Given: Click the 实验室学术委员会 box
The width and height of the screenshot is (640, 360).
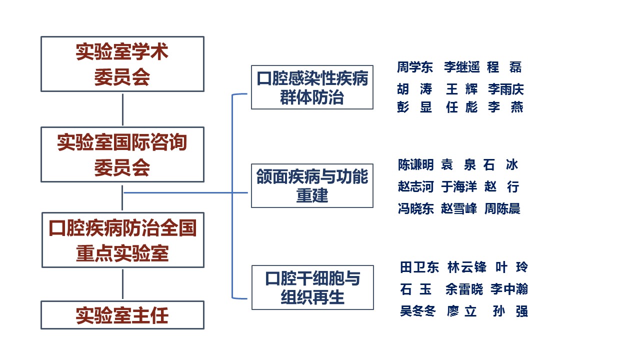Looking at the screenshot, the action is click(x=122, y=64).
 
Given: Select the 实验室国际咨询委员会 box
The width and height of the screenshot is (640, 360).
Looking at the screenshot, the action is click(x=122, y=154).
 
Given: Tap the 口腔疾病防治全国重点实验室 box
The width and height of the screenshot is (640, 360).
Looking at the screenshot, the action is click(x=123, y=240).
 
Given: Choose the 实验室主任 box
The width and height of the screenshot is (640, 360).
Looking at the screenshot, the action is click(x=122, y=315).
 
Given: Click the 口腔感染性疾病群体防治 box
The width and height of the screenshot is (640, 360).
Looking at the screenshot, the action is click(x=312, y=87).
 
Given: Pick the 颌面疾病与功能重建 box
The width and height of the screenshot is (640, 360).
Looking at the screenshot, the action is click(x=312, y=185).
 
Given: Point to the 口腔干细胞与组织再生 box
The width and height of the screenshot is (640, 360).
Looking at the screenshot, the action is click(x=313, y=287).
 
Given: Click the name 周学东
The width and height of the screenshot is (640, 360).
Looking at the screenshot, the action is click(x=415, y=67).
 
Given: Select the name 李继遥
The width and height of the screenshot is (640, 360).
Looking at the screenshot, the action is click(x=461, y=67).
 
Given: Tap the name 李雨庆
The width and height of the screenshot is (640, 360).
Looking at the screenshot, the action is click(x=506, y=89).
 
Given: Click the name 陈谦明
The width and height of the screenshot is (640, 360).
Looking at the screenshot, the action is click(x=416, y=165).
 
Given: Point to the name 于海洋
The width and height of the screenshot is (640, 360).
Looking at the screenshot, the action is click(x=459, y=187).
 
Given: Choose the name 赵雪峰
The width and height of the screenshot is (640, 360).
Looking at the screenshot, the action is click(x=459, y=208).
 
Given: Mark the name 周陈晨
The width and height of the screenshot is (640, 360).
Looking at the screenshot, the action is click(x=502, y=208).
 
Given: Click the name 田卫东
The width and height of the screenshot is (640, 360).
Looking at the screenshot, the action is click(x=419, y=267).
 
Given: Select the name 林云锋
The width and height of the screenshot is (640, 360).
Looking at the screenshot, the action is click(x=467, y=267).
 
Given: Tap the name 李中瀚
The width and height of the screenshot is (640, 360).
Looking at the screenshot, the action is click(x=509, y=289).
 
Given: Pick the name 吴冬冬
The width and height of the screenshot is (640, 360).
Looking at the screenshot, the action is click(x=418, y=311).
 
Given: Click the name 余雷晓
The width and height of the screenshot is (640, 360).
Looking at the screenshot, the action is click(x=464, y=289).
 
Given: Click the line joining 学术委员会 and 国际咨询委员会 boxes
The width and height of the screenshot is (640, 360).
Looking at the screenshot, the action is click(x=123, y=109).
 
